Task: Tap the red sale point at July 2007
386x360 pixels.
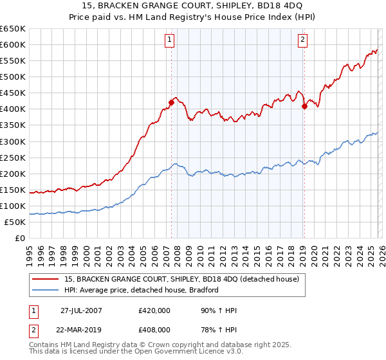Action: pyautogui.click(x=172, y=102)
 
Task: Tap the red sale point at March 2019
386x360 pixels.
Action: pyautogui.click(x=304, y=106)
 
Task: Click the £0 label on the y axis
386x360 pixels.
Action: pyautogui.click(x=20, y=238)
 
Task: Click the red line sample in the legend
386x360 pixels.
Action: pyautogui.click(x=46, y=280)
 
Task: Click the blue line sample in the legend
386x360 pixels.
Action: pyautogui.click(x=46, y=290)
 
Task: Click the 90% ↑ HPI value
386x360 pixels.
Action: pyautogui.click(x=218, y=311)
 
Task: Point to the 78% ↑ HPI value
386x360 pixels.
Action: pyautogui.click(x=218, y=329)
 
